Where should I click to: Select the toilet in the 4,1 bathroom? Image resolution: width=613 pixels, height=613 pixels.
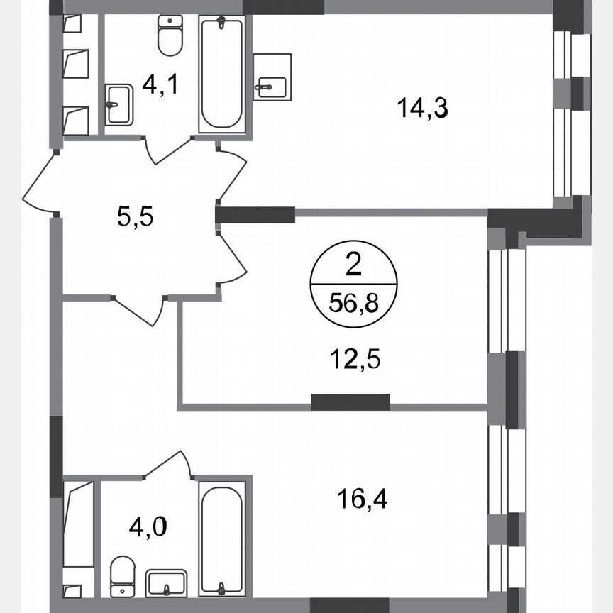pyautogui.click(x=169, y=37)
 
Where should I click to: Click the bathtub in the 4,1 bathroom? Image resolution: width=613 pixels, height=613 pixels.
pyautogui.click(x=222, y=74)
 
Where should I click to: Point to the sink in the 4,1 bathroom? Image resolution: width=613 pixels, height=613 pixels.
pyautogui.click(x=118, y=104)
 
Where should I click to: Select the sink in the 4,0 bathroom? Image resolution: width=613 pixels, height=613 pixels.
pyautogui.click(x=166, y=582)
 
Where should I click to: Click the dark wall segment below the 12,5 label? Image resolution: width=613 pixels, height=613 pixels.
pyautogui.click(x=350, y=402)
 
